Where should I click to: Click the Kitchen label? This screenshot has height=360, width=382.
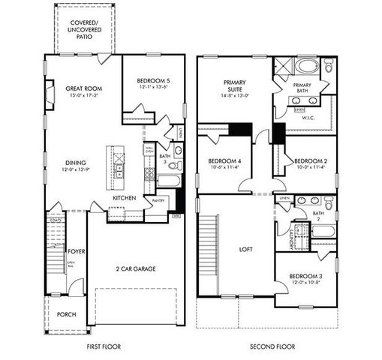124,198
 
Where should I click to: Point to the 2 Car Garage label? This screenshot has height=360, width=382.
136,268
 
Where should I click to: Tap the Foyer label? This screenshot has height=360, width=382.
75,251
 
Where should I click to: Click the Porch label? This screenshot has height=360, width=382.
66,314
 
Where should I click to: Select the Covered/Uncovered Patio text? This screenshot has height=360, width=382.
83,28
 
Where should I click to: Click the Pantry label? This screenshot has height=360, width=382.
158,201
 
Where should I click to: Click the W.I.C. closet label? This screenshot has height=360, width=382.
308,118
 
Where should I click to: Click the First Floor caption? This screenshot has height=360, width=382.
104,347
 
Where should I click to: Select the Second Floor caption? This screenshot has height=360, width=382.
272,347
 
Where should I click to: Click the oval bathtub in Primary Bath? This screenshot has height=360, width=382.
306,65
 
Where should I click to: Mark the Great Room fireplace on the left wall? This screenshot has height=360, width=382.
50,96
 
